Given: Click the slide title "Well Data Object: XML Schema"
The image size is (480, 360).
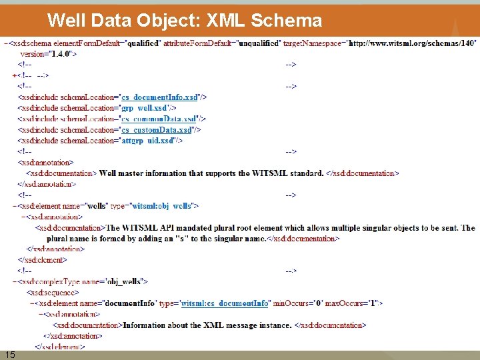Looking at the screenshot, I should [x=185, y=20].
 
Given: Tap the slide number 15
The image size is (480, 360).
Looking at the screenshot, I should [x=10, y=354].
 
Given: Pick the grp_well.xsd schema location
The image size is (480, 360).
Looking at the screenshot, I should [x=145, y=107].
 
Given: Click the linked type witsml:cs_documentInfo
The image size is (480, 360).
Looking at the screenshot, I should [x=225, y=303].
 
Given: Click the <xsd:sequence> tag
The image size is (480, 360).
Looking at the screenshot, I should [x=53, y=293].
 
